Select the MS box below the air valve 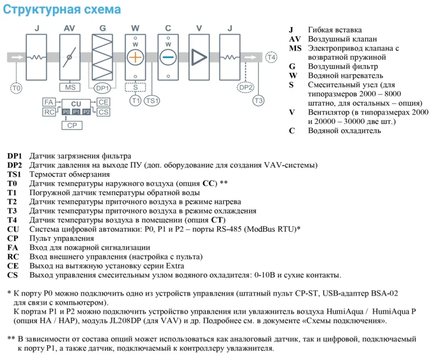[x=70, y=87]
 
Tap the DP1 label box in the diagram [x=102, y=88]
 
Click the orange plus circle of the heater [x=135, y=57]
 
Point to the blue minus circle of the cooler [x=168, y=57]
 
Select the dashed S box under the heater [x=135, y=87]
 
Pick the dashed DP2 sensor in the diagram [x=246, y=87]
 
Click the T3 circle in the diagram [x=259, y=100]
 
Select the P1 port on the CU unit [x=76, y=112]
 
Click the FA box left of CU [x=49, y=102]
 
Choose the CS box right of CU [x=104, y=112]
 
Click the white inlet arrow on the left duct [x=17, y=57]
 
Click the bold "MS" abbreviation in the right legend [x=295, y=48]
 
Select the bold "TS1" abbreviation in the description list [x=15, y=174]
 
